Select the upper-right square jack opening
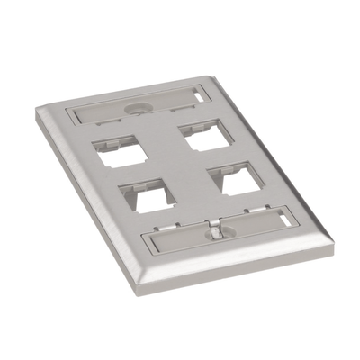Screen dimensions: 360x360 (203, 137)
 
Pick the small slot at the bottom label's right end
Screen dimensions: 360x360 (285, 220)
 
